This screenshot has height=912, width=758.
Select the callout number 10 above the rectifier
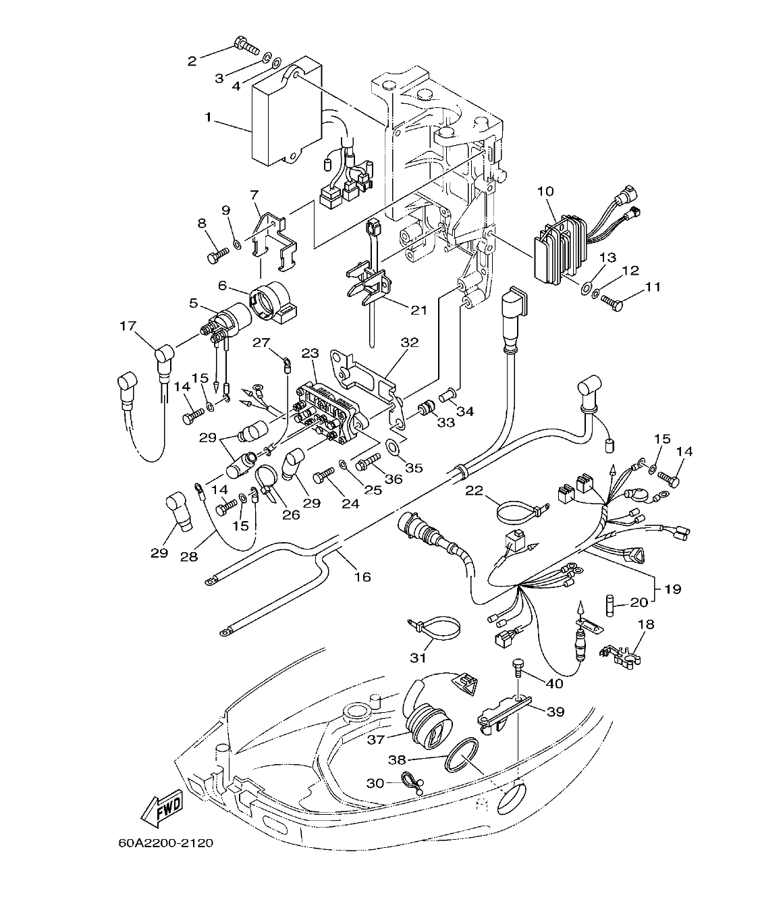(545, 192)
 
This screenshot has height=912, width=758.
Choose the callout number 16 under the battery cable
(362, 576)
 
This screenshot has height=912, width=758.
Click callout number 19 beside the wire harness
(672, 589)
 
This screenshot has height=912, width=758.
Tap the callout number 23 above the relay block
(310, 353)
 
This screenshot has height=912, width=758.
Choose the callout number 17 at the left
(128, 326)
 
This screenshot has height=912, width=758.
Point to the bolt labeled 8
(217, 255)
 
